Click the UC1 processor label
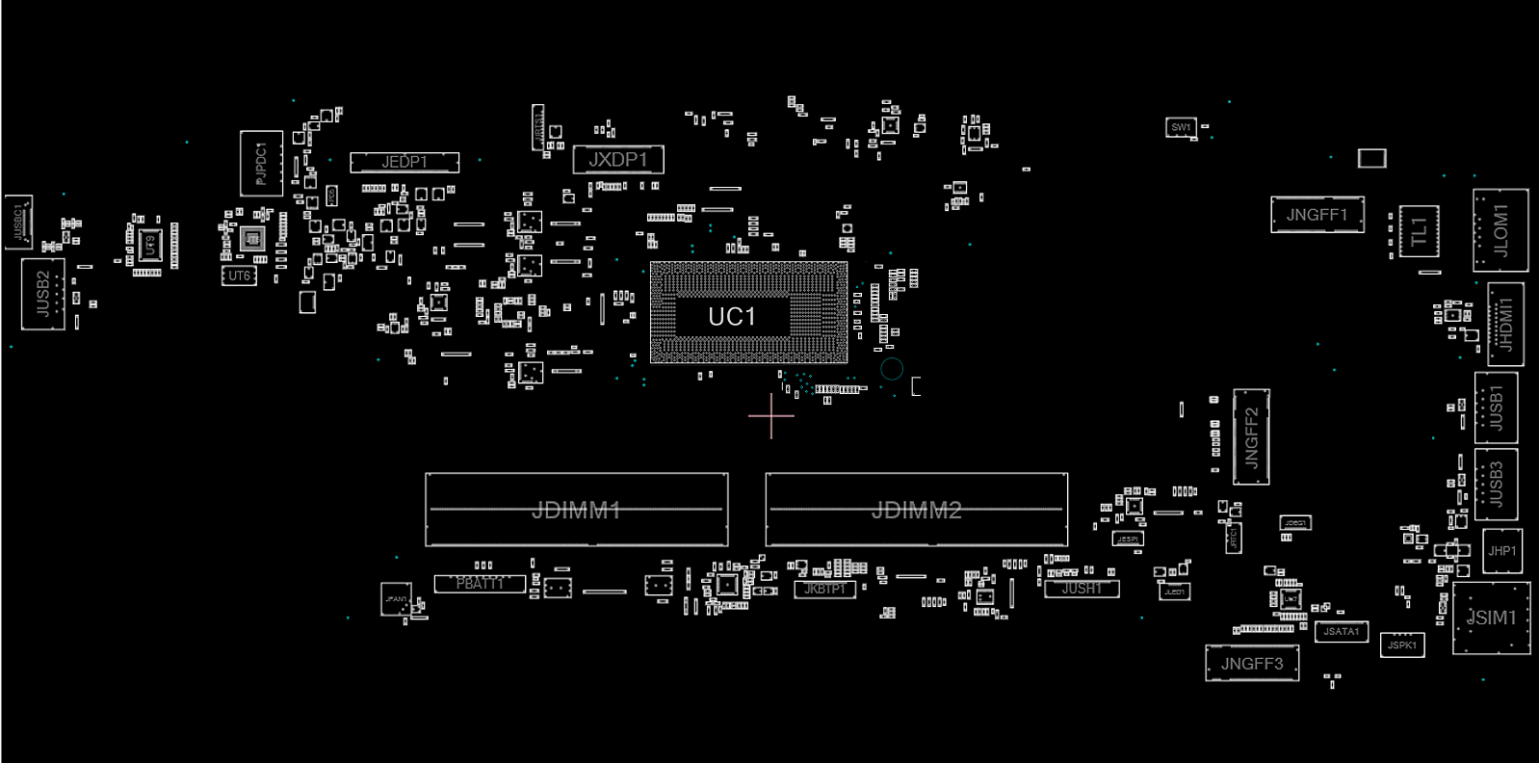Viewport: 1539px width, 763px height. point(732,316)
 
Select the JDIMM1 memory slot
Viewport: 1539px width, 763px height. point(576,510)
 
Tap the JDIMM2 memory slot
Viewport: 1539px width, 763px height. point(916,510)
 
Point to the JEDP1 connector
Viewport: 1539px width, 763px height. point(404,162)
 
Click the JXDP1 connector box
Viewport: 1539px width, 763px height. point(617,159)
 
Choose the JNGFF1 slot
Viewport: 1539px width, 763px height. point(1317,215)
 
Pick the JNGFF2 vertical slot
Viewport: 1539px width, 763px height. point(1251,436)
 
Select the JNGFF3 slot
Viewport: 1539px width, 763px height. point(1251,663)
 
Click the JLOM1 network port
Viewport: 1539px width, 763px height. point(1500,230)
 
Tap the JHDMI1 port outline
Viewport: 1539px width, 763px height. point(1505,325)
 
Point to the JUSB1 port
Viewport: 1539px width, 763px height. point(1496,408)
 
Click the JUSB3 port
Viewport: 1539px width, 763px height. point(1496,484)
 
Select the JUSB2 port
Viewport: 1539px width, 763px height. point(42,294)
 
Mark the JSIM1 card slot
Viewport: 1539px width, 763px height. point(1490,618)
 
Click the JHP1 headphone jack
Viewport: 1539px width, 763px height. point(1501,551)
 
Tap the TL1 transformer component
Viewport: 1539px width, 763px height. point(1418,231)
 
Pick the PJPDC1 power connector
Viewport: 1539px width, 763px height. point(261,164)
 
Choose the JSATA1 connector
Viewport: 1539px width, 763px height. point(1341,631)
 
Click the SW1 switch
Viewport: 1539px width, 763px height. point(1181,127)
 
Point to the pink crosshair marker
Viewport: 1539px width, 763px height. point(771,415)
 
